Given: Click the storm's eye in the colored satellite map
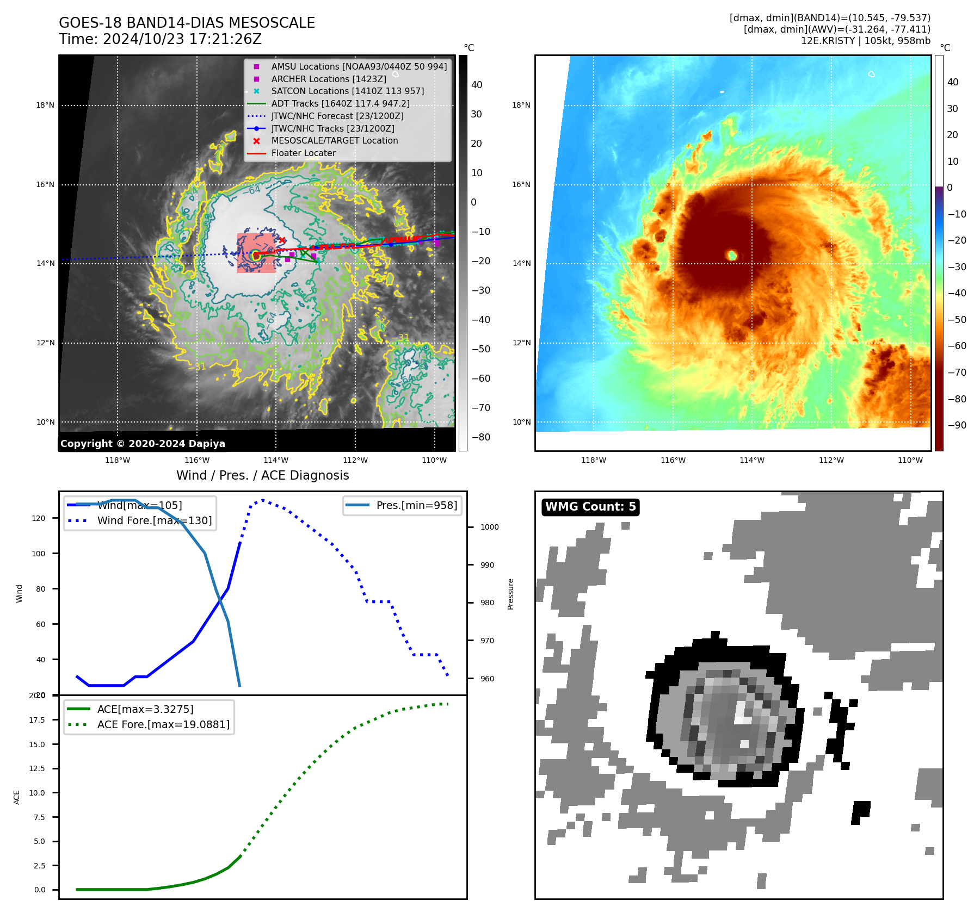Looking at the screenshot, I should point(732,255).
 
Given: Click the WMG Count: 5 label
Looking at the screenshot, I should point(590,507).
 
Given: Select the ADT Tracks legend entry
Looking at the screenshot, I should point(340,104).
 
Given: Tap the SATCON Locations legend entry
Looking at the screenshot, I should point(347,91).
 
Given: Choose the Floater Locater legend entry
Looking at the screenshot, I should point(303,153).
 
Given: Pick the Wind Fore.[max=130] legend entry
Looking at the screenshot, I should point(154,520).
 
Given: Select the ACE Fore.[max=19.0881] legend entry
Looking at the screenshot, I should point(163,724).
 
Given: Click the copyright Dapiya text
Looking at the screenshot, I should point(143,444).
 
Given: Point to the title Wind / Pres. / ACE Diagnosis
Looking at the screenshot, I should point(262,475).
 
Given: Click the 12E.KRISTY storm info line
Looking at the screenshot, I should point(865,41).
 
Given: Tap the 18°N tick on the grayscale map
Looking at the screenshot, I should point(45,105).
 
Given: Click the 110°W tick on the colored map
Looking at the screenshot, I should point(910,460).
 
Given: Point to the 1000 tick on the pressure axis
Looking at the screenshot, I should point(489,527).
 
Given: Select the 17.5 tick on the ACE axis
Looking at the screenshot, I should point(37,720).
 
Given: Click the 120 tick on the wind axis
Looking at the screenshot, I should point(39,518).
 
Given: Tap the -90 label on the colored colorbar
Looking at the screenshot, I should point(957,425).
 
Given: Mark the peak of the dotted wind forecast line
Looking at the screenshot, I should point(263,500).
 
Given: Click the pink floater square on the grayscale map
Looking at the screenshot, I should point(256,253).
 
